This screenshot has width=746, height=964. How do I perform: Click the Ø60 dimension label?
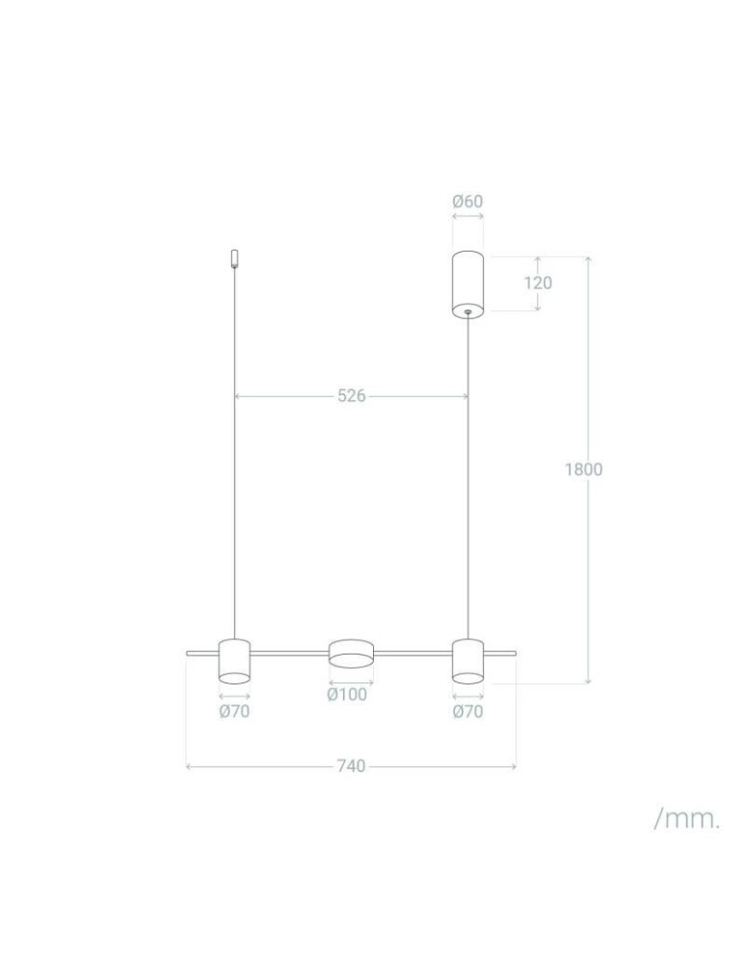(467, 201)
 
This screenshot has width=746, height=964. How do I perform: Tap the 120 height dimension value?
(538, 282)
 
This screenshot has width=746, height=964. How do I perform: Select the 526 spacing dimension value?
(352, 395)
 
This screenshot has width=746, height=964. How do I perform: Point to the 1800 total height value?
(583, 469)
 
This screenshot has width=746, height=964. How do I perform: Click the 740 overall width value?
(351, 766)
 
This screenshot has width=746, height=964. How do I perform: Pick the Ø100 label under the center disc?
(347, 694)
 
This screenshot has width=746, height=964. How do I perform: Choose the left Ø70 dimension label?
(234, 712)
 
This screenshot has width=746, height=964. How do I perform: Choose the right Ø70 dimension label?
(467, 712)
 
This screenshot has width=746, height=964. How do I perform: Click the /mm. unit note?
(686, 819)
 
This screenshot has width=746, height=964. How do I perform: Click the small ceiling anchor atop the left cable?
(234, 258)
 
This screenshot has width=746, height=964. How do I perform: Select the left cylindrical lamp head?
(234, 660)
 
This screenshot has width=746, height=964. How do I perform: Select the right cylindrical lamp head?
(467, 660)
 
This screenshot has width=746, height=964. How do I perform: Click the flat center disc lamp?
(351, 653)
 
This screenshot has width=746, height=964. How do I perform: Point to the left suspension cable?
(234, 453)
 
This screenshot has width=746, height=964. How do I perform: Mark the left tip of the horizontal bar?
(188, 654)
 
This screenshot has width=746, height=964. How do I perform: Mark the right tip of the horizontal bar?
(515, 654)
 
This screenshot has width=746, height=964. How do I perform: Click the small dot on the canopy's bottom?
(467, 311)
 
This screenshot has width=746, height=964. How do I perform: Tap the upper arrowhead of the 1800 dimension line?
(588, 260)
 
